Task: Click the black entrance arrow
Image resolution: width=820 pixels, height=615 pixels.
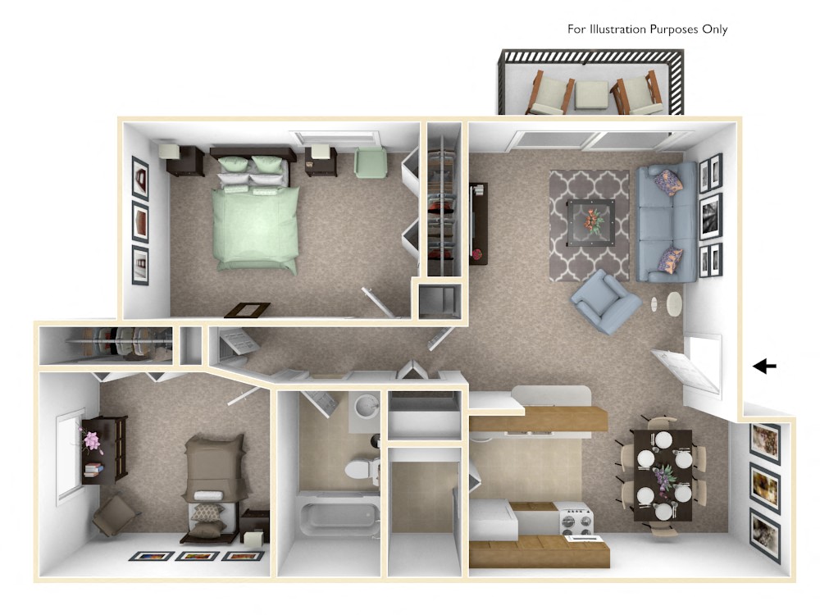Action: tap(765, 366)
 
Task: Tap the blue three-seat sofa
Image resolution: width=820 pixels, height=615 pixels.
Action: tap(666, 220)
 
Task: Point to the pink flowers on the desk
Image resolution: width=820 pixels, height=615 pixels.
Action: tap(92, 441)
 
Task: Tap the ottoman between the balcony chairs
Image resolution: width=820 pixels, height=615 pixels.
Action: tap(590, 94)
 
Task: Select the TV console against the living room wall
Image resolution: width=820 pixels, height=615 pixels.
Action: tap(477, 222)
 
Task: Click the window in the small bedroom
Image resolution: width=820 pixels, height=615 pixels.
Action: tap(70, 456)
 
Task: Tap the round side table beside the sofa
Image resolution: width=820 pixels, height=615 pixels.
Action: tap(673, 304)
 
